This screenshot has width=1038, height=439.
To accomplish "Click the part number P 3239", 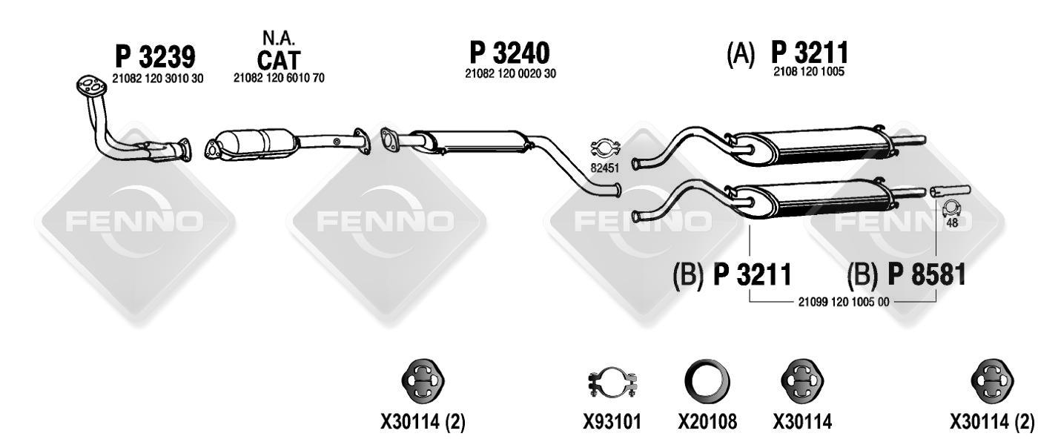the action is pos(155,57).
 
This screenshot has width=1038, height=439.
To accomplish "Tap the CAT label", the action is pos(279,60).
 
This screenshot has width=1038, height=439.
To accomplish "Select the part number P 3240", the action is pos(509,53).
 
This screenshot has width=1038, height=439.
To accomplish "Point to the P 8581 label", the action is pos(926,274).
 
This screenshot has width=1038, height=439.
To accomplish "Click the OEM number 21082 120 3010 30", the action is pos(157,79).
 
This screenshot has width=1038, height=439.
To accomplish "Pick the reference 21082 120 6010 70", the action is pos(279,78).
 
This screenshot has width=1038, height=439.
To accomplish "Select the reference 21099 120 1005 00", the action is pos(844,302).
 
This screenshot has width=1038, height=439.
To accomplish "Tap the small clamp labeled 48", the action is pos(951,208).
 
